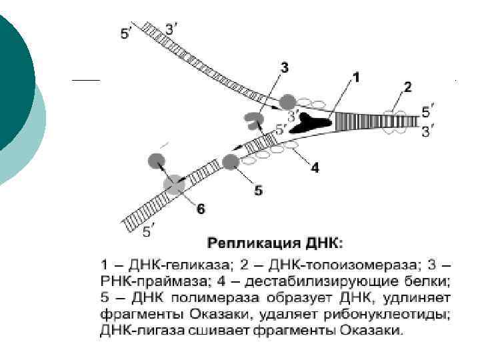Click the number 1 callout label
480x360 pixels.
pos(356,77)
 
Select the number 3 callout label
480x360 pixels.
pos(285,67)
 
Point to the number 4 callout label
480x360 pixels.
pos(315,167)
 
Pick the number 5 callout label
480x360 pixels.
pos(259,191)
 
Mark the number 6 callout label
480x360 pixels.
pos(201,209)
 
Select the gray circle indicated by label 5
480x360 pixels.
pos(231,161)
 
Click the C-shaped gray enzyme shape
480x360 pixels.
pos(254,121)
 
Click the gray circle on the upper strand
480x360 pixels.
pos(287,101)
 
